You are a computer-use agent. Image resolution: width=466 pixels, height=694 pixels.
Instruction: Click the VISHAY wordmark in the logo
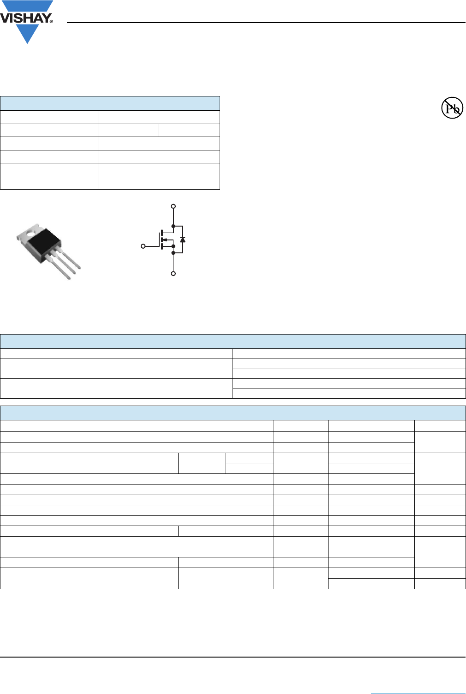point(25,18)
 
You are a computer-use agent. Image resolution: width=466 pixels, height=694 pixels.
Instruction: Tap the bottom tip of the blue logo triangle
point(28,43)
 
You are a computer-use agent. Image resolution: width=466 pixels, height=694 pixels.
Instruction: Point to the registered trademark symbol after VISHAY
point(51,21)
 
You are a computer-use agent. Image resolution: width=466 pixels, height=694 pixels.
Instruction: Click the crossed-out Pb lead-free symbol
point(452,108)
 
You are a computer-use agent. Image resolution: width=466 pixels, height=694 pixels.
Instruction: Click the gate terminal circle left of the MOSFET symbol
point(143,246)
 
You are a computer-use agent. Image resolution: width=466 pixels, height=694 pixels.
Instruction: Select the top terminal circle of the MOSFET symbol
point(173,206)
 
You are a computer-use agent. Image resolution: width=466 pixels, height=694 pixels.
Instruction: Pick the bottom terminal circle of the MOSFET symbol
point(173,274)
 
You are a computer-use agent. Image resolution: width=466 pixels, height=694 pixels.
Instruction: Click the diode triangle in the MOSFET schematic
point(183,239)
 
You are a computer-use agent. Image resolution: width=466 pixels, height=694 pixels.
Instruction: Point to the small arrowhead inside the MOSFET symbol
point(165,239)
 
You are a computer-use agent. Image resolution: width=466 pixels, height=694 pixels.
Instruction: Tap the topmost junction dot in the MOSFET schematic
point(173,226)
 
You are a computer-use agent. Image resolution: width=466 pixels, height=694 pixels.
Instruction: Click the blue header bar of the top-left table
point(110,103)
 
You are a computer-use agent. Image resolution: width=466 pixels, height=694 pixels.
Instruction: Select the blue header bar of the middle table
point(233,341)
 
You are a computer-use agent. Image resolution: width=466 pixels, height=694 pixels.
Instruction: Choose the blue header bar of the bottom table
point(233,413)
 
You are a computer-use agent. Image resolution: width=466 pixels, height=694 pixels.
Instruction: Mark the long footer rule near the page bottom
point(233,657)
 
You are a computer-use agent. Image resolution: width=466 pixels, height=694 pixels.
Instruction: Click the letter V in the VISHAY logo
point(6,18)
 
